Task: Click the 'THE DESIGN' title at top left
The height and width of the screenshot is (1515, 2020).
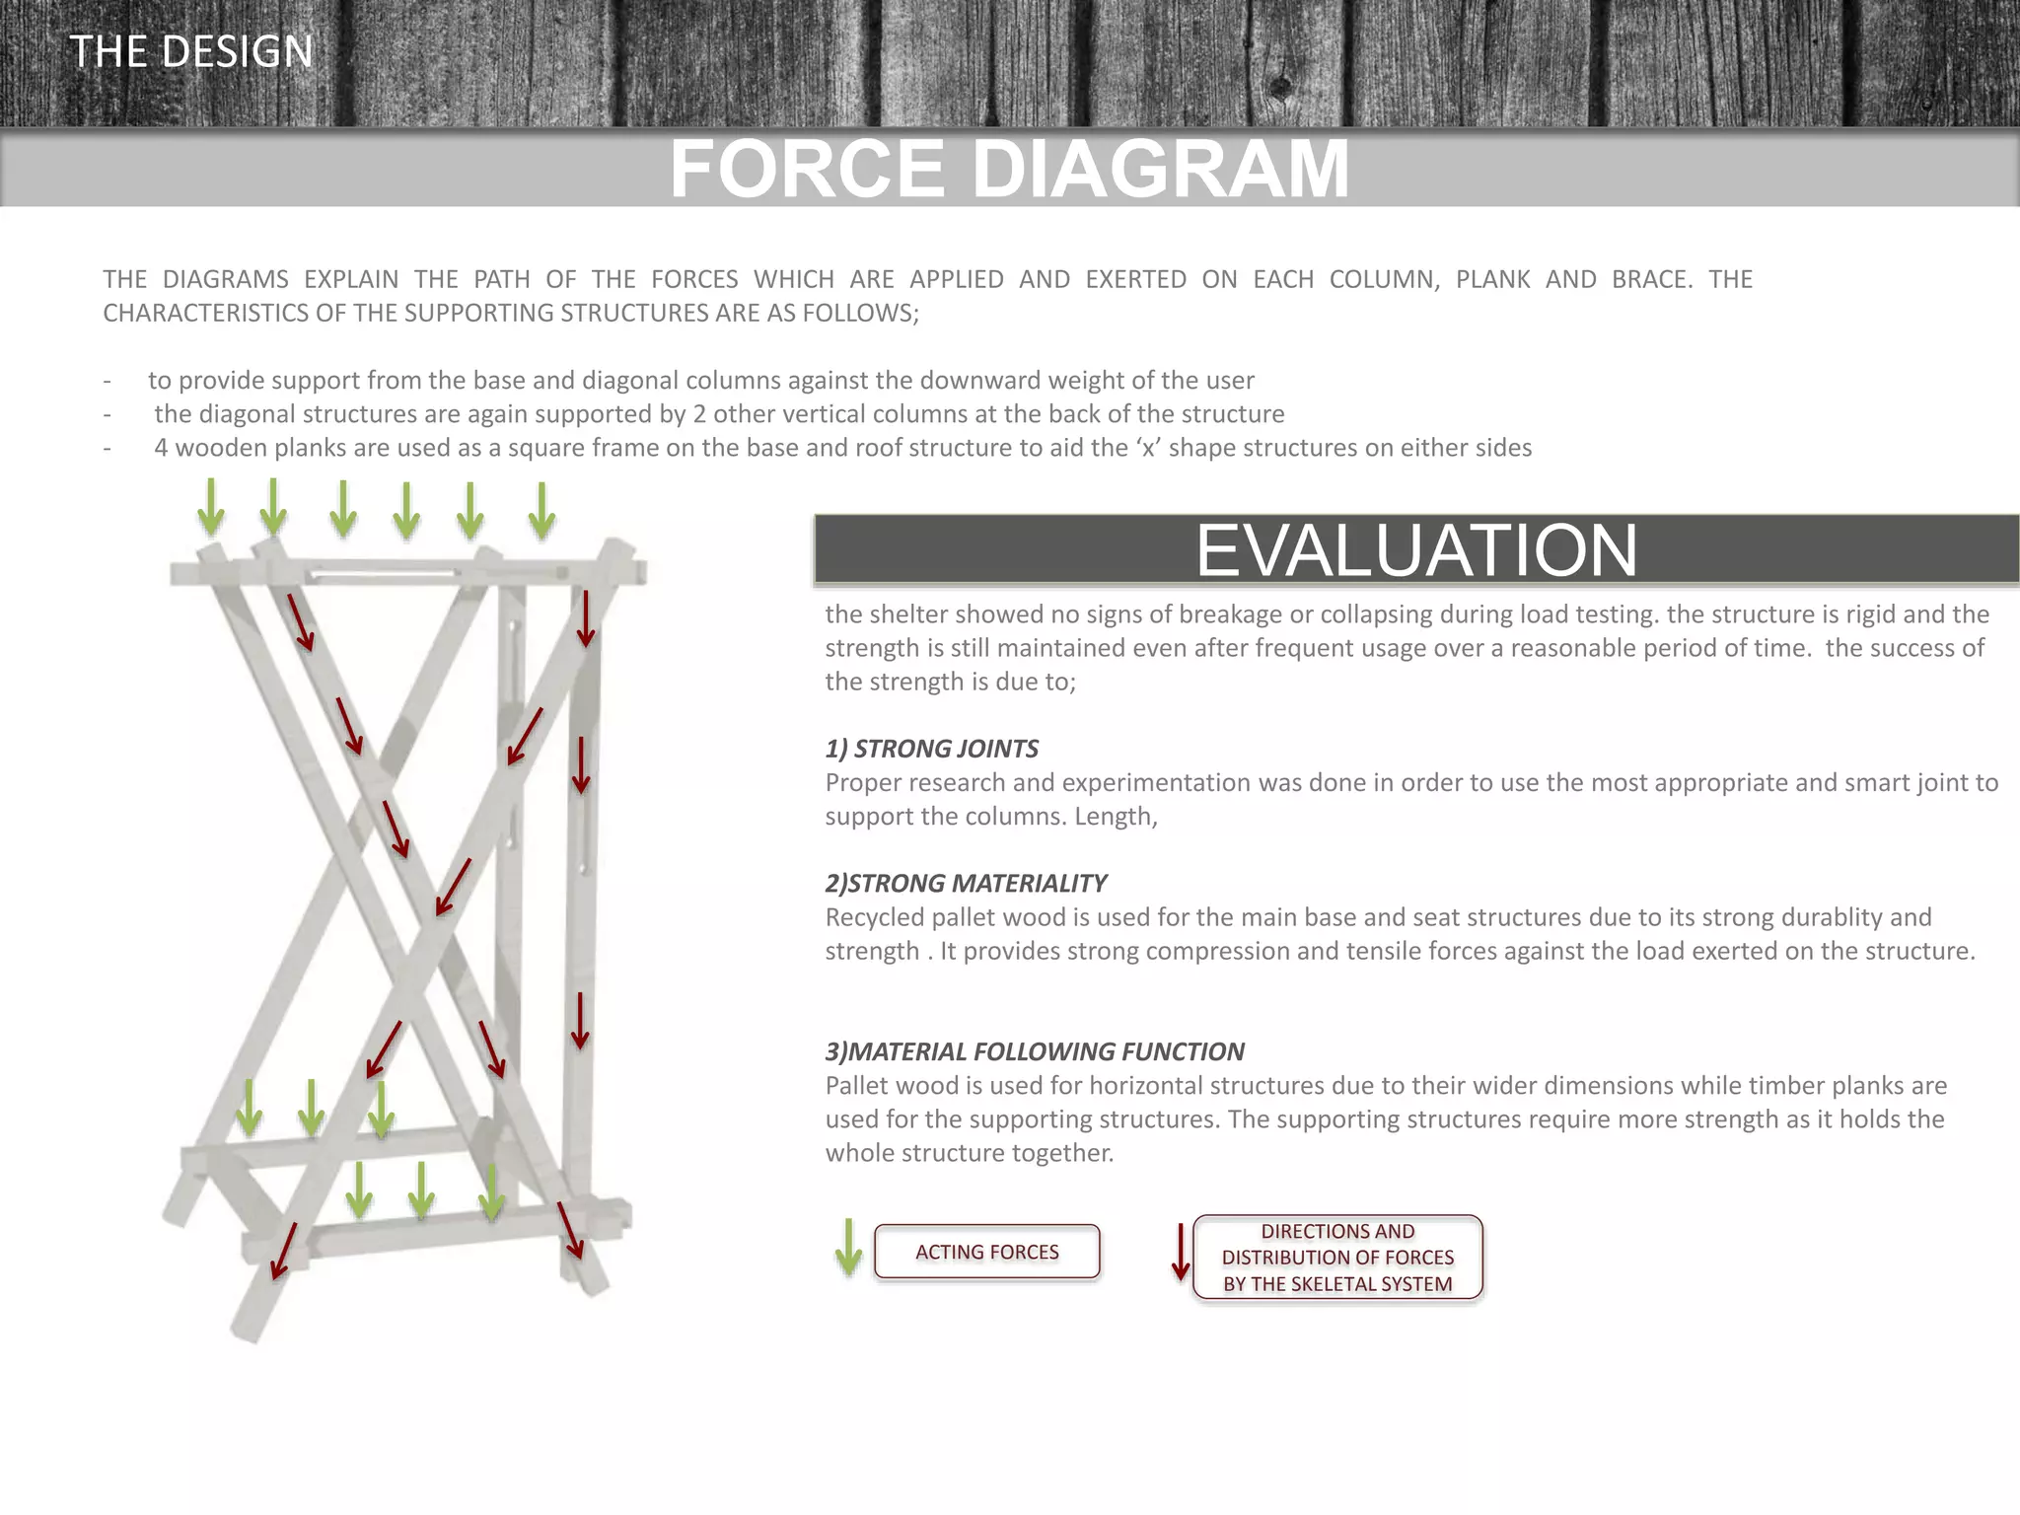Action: click(x=191, y=51)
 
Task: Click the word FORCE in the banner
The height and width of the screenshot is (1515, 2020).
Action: click(x=808, y=169)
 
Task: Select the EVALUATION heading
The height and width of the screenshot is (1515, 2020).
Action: click(x=1416, y=549)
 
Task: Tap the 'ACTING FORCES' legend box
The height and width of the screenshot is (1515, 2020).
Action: click(x=986, y=1252)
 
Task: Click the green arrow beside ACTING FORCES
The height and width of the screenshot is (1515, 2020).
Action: click(x=848, y=1248)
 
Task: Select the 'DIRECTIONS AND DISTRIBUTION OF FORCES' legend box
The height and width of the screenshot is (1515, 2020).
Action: click(x=1337, y=1258)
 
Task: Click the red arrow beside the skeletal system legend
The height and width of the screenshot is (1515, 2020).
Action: click(x=1181, y=1252)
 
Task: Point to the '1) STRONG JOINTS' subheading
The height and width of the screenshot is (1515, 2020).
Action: click(x=931, y=749)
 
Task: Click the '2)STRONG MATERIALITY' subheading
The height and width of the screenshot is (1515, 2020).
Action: click(x=966, y=883)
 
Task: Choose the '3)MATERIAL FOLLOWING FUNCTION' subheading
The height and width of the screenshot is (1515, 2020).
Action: click(x=1035, y=1051)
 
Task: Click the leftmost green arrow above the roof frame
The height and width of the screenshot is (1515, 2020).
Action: click(x=210, y=507)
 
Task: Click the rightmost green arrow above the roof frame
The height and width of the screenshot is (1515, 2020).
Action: click(x=541, y=511)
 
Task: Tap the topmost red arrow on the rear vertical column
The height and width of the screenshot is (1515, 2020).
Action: click(x=586, y=618)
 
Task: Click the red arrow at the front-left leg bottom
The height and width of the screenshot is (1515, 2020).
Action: click(x=283, y=1251)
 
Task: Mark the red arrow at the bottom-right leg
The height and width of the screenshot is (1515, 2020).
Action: click(x=570, y=1230)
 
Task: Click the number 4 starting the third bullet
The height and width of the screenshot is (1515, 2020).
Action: click(x=161, y=448)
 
